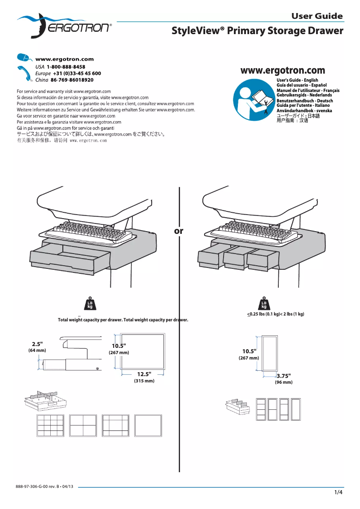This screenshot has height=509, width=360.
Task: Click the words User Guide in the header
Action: click(317, 17)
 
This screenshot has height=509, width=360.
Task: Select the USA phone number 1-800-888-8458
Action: click(66, 66)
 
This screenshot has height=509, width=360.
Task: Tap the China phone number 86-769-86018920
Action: click(72, 80)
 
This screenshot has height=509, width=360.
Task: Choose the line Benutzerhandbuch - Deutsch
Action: click(304, 101)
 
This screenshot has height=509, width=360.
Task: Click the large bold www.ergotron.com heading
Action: click(283, 70)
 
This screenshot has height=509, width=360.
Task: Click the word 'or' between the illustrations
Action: click(179, 231)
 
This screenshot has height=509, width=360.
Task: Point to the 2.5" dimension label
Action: click(37, 344)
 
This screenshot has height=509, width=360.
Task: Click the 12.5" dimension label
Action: click(144, 374)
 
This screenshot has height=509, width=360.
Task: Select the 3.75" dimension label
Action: click(284, 376)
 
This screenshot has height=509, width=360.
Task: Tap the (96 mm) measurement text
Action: click(284, 382)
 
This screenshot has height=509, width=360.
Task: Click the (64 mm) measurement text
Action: click(37, 350)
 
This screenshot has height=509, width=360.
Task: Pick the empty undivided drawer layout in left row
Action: click(148, 425)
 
